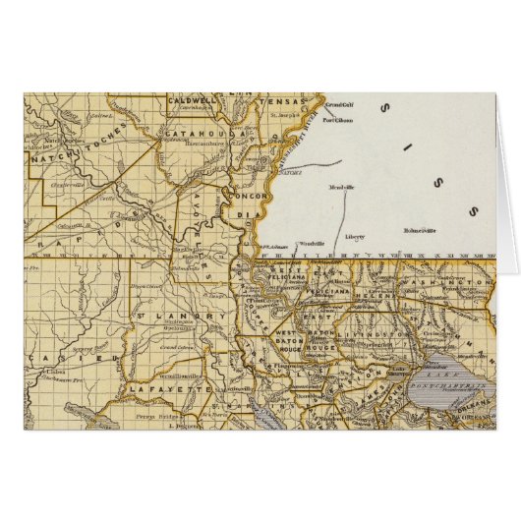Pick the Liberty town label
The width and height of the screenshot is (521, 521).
tap(356, 237)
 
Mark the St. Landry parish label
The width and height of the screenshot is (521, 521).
tap(159, 316)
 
